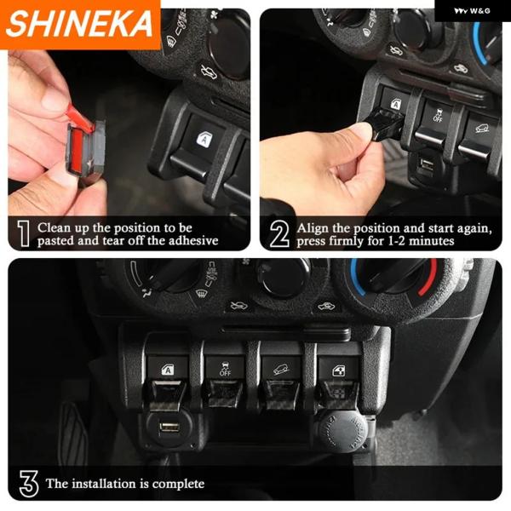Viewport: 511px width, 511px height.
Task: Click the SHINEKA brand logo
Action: (79, 24)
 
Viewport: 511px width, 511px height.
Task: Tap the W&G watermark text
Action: (472, 11)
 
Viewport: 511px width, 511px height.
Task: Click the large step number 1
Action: (23, 233)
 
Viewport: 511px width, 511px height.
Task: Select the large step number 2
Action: (279, 233)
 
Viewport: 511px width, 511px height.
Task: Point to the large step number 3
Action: (29, 484)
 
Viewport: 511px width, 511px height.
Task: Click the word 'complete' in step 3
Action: (178, 484)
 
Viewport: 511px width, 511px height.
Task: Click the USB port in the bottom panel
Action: (169, 427)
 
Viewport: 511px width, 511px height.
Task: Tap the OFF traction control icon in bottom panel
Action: (225, 369)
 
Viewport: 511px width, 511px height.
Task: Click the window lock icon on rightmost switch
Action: (339, 371)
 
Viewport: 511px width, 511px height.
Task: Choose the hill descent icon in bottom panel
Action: (282, 370)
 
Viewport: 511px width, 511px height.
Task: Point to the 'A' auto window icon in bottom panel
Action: (168, 370)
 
